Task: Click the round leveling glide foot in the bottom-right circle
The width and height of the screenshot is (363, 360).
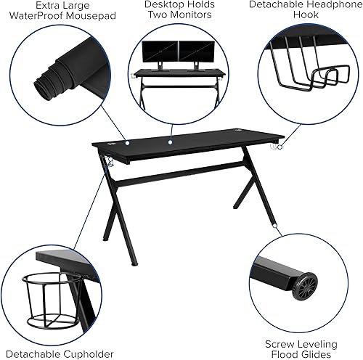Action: (x=304, y=285)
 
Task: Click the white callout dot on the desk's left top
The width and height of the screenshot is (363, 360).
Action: (x=125, y=142)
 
